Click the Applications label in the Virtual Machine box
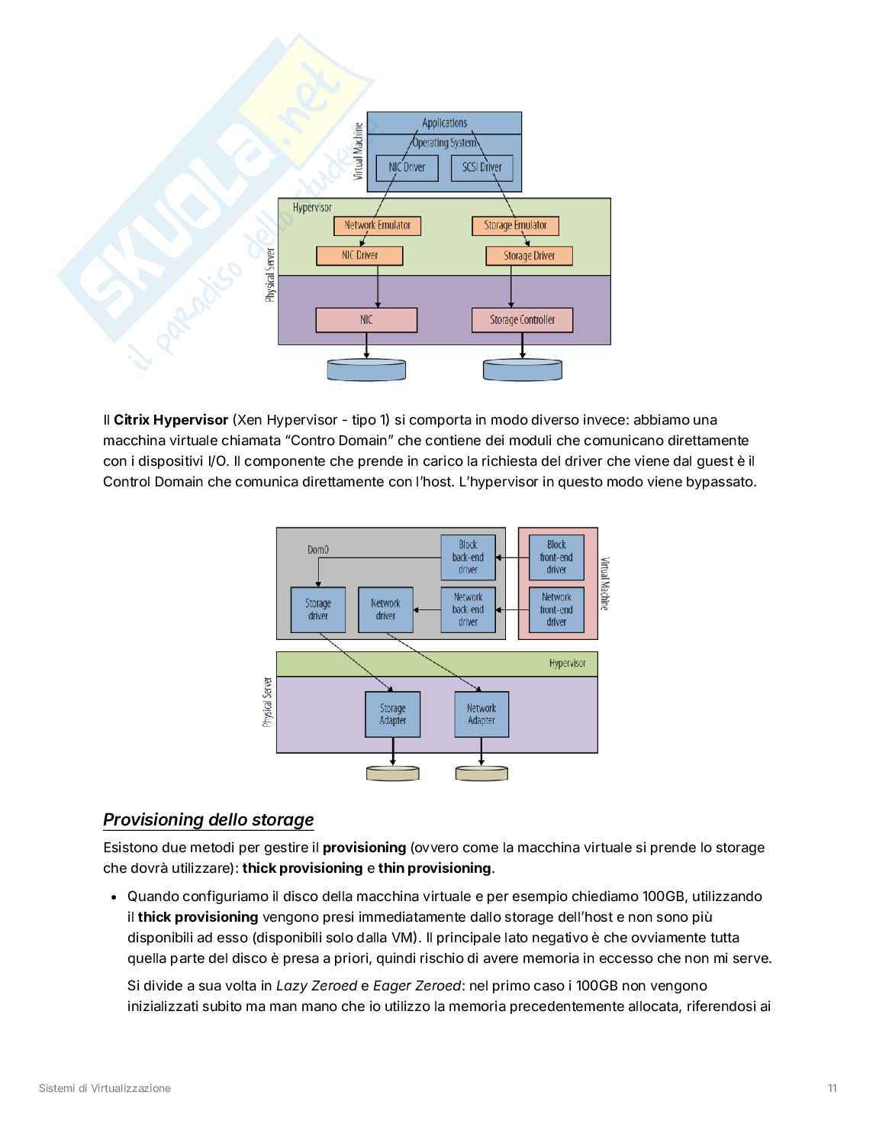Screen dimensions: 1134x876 coord(444,123)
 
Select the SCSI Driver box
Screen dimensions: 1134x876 coord(481,168)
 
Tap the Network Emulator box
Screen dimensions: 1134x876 coord(377,225)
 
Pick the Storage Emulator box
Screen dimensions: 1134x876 coord(515,225)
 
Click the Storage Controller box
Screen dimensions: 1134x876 coord(522,320)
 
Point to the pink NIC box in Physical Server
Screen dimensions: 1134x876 coord(366,320)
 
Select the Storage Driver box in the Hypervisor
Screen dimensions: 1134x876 coord(529,256)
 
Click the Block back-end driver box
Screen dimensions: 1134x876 coord(468,557)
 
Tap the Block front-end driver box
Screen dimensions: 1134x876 coord(556,557)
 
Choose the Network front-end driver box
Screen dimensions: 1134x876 coord(556,609)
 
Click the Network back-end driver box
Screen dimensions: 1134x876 coord(468,609)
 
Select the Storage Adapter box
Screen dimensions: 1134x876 coord(393,714)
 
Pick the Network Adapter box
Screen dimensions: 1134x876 coord(481,714)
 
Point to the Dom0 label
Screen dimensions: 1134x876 coord(318,549)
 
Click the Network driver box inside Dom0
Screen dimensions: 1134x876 coord(385,609)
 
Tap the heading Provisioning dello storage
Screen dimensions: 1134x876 coord(208,819)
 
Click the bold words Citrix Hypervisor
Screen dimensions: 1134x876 coord(171,420)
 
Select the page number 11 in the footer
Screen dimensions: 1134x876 coord(832,1088)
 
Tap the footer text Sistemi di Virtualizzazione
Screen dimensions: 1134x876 coord(105,1088)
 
